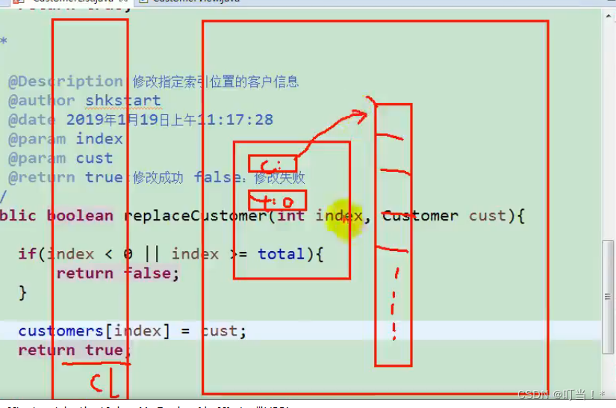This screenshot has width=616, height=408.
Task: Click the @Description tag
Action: point(66,81)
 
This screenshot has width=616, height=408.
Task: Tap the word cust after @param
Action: point(94,158)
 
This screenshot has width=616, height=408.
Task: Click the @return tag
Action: point(41,178)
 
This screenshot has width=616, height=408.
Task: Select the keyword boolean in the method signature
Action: point(80,216)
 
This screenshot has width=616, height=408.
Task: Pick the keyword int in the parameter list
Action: point(291,216)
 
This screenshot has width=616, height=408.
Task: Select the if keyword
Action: point(27,254)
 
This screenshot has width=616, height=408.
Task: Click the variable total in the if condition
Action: point(281,254)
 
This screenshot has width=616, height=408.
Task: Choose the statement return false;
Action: point(118,273)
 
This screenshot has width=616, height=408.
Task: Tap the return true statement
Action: point(70,350)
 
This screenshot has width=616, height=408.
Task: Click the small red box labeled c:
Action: point(273,164)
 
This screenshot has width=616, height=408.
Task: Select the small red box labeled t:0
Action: point(277,200)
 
